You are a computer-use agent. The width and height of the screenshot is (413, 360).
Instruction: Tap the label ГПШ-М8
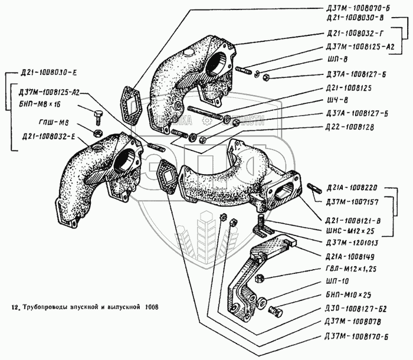[x=41, y=123]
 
